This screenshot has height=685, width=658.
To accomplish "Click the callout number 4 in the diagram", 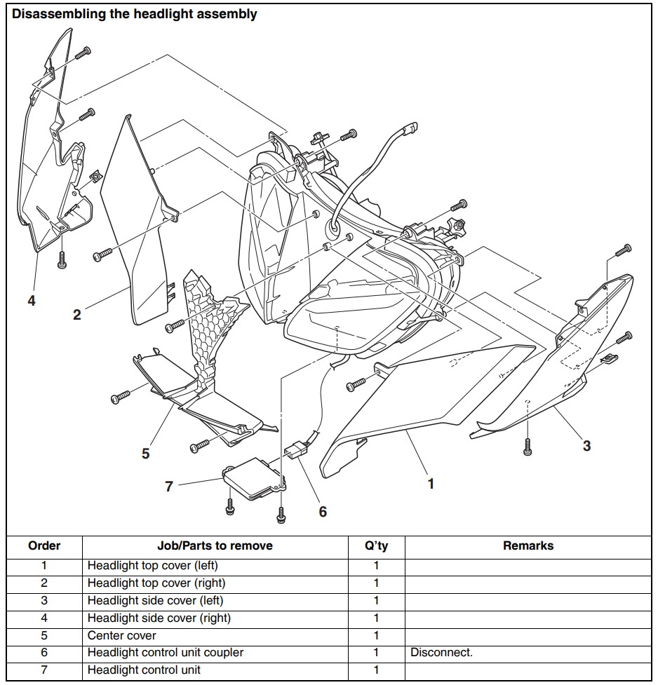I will pyautogui.click(x=32, y=301).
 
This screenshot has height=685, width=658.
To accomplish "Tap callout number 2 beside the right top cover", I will pyautogui.click(x=77, y=315).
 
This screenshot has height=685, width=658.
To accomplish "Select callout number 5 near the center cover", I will pyautogui.click(x=145, y=454).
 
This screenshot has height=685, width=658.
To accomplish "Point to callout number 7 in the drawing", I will pyautogui.click(x=169, y=485).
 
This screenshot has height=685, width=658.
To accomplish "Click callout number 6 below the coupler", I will pyautogui.click(x=323, y=512).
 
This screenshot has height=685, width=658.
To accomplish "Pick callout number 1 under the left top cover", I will pyautogui.click(x=431, y=483).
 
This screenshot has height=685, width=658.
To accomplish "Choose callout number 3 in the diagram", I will pyautogui.click(x=586, y=445).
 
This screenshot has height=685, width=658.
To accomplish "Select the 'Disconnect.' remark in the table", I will pyautogui.click(x=441, y=653).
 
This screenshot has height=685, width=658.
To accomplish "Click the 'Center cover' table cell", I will pyautogui.click(x=121, y=635).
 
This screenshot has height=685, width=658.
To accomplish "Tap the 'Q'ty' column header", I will pyautogui.click(x=376, y=545).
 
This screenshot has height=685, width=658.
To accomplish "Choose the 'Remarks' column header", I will pyautogui.click(x=528, y=545).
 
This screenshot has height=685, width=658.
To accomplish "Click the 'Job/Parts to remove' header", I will pyautogui.click(x=215, y=545).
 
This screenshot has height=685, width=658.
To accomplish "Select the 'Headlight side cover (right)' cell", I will pyautogui.click(x=159, y=618).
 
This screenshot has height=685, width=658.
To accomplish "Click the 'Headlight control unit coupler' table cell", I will pyautogui.click(x=165, y=653).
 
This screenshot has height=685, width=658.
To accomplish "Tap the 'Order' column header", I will pyautogui.click(x=44, y=545).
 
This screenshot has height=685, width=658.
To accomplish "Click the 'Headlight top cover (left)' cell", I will pyautogui.click(x=156, y=565).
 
